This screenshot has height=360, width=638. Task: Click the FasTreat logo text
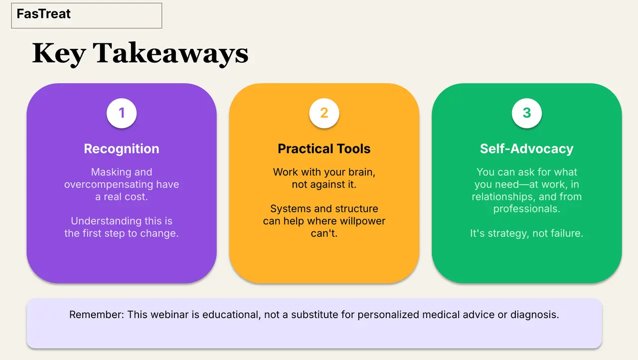point(43,13)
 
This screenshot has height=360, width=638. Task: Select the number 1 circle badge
point(122,113)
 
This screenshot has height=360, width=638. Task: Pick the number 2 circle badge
point(324,113)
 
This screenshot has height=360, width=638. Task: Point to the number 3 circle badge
point(527,113)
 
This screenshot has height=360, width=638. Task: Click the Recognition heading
point(122,149)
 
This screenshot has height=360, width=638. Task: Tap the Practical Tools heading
point(324,149)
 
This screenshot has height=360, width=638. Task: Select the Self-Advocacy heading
point(527,149)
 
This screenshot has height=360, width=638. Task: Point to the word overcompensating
point(109,184)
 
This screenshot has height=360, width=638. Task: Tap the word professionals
point(527,209)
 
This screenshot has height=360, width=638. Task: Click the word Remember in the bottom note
point(97,315)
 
